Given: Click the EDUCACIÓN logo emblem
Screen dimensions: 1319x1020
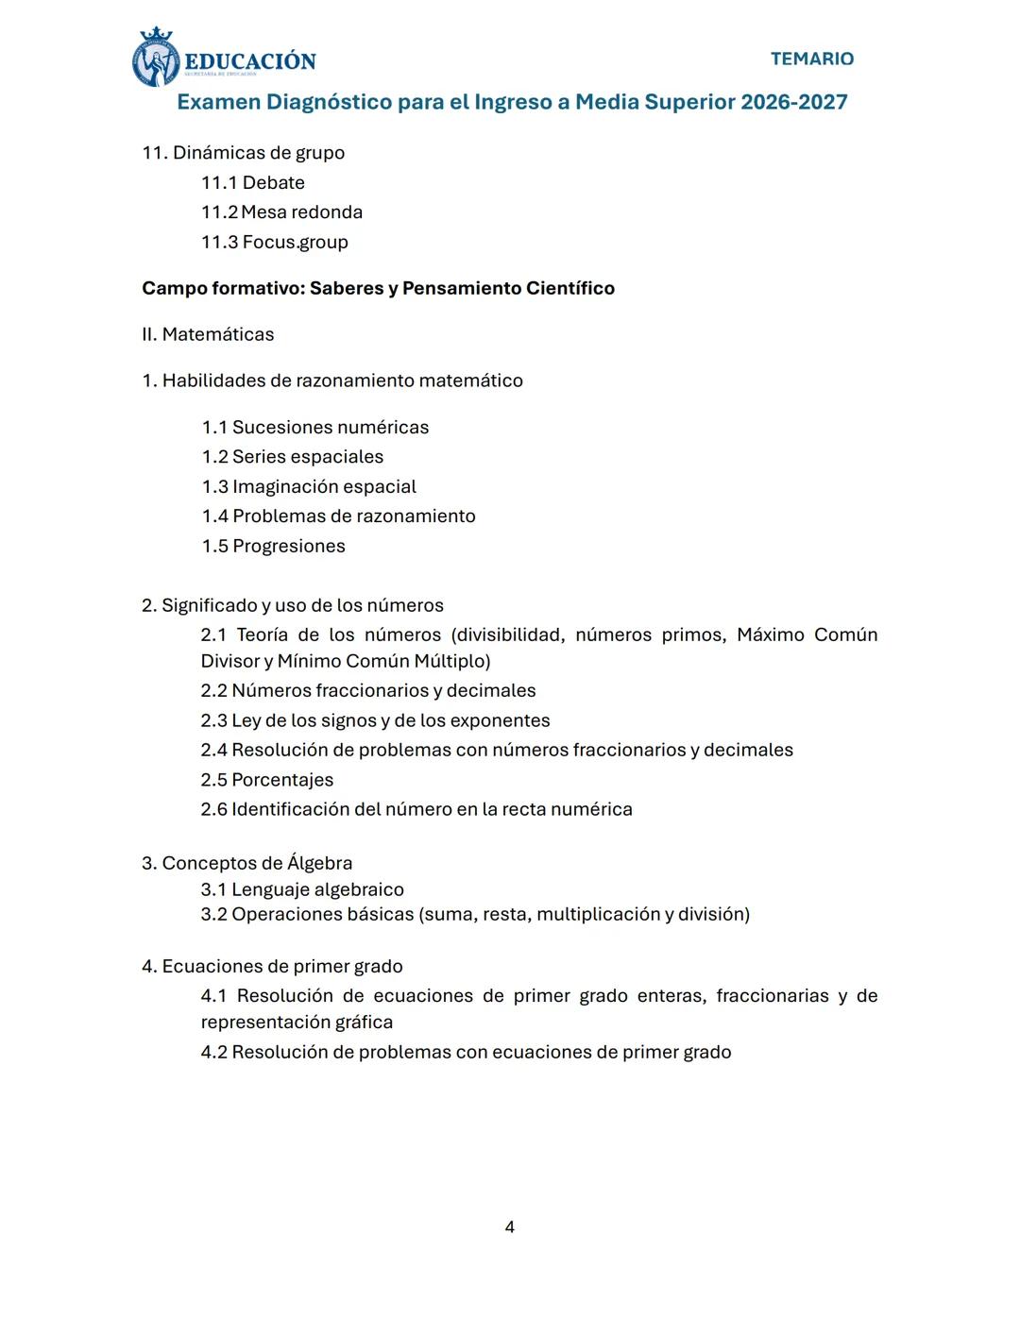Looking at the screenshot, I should click(156, 59).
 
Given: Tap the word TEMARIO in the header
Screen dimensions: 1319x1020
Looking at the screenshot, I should click(811, 59).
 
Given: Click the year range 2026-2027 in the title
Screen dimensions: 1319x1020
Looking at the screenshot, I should click(793, 102).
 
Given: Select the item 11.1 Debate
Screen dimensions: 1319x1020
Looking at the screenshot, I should click(253, 182).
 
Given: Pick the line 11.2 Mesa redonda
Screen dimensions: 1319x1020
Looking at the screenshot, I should click(281, 212).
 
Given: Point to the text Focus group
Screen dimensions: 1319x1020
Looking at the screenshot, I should click(295, 243).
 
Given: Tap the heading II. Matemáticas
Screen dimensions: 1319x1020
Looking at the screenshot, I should click(208, 334).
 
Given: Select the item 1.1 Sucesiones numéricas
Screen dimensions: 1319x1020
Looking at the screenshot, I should click(314, 428).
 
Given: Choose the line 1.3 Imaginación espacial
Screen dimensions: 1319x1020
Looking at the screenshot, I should click(309, 487).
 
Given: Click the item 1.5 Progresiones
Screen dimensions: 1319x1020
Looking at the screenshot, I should click(273, 547).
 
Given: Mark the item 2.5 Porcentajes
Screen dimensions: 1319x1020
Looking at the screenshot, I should click(267, 780).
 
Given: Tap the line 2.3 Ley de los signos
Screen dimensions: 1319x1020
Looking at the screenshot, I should click(375, 720).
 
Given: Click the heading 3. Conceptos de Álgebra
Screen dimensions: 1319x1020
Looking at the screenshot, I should click(246, 863).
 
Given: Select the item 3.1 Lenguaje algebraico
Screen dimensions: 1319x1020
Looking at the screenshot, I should click(302, 889).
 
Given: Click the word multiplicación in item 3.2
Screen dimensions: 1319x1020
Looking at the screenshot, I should click(598, 914).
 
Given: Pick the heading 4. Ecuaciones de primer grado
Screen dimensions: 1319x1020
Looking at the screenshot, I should click(272, 966).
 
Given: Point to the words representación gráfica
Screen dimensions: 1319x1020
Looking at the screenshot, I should click(297, 1022).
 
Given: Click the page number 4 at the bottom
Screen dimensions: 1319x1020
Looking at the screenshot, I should click(510, 1226).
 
